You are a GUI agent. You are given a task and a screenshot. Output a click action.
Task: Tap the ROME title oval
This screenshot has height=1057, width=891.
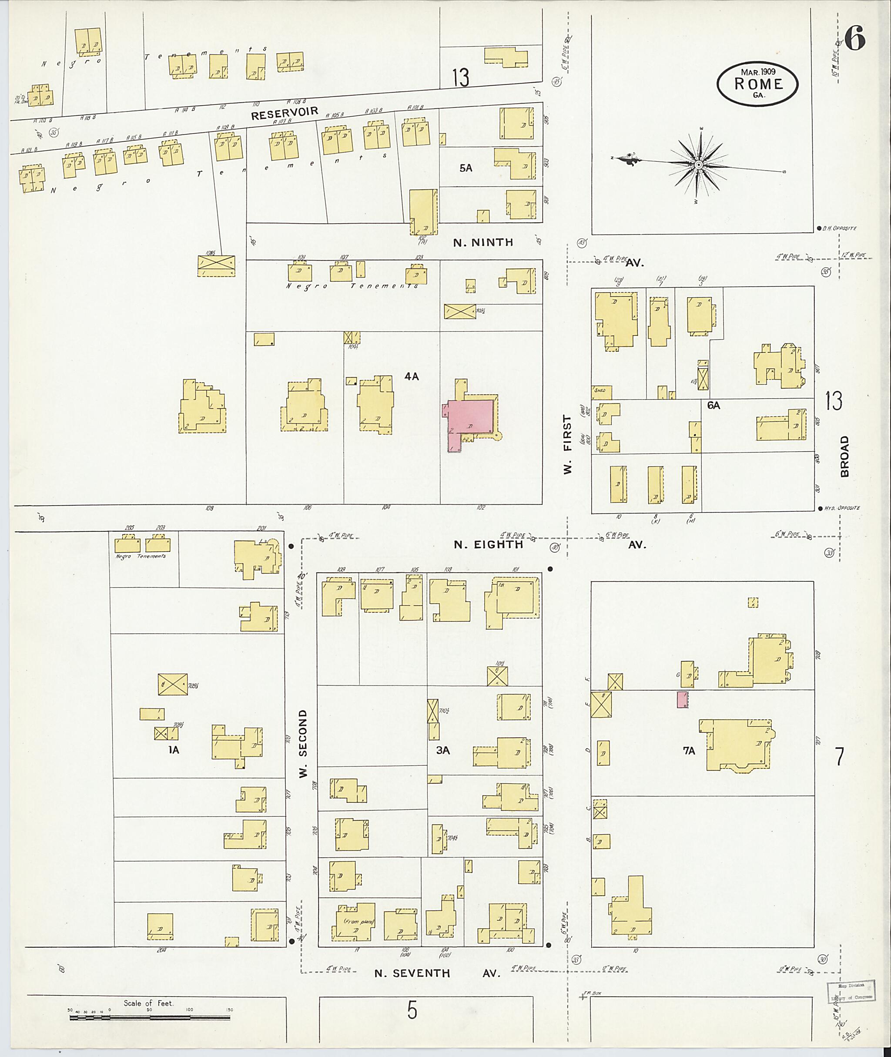757,84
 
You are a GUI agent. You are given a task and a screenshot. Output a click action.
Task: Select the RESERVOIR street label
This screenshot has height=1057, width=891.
285,113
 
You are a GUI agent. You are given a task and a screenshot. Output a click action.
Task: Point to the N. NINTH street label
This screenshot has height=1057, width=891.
483,242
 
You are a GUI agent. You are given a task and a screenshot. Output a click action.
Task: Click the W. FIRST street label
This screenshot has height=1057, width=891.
568,444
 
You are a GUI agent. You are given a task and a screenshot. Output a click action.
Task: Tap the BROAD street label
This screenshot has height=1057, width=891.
844,456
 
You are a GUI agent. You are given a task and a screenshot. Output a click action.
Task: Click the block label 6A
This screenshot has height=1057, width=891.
713,405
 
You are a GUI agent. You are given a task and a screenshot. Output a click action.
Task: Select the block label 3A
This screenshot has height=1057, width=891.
443,750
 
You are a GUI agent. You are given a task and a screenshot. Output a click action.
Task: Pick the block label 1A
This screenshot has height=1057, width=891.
174,750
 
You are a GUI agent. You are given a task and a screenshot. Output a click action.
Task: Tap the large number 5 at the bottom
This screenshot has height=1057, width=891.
412,1010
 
